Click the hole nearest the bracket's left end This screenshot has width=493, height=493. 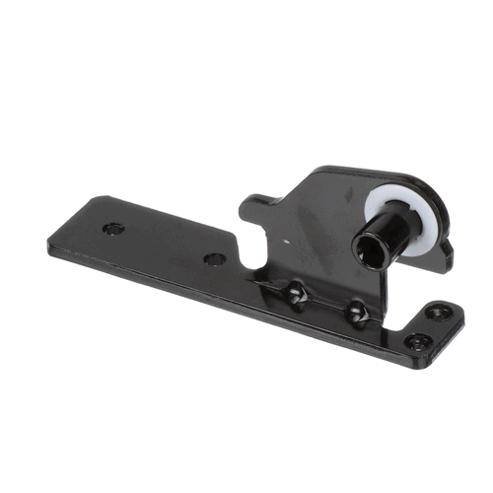pos(114,228)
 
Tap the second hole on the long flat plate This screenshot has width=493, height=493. pos(214,259)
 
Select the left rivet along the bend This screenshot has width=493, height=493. pos(295,293)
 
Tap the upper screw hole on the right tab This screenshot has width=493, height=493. pos(435,314)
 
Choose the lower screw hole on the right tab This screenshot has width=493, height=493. pos(417,341)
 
